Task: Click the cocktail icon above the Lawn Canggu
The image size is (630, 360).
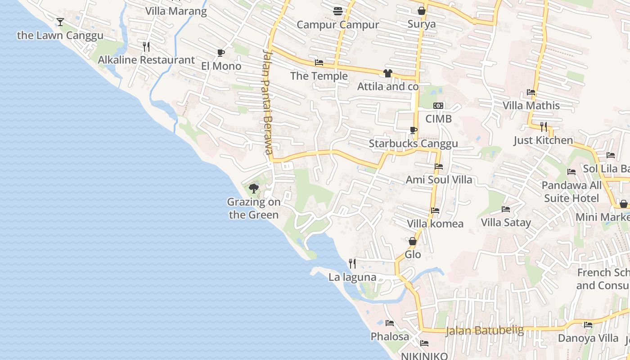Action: pos(60,22)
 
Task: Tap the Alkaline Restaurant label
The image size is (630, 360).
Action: pos(146,60)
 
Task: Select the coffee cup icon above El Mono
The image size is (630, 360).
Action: pos(220,53)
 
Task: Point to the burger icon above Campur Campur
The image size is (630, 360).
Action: pos(338,11)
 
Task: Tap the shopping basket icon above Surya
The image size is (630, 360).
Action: pos(422,11)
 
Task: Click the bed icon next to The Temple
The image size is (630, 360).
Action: pos(319,63)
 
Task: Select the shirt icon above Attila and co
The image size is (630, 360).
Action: pos(387,73)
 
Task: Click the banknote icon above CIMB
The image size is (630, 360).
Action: pos(438,106)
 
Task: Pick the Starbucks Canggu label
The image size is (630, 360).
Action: pos(413,144)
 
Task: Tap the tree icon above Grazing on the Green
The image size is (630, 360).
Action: pos(254,188)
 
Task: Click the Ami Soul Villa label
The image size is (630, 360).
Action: pos(439,180)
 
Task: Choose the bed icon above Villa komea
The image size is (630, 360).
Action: pos(435,210)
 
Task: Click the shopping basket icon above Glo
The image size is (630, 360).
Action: pos(413,242)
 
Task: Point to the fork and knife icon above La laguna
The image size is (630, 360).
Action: pos(352,264)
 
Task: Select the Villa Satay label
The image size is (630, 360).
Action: pos(506,222)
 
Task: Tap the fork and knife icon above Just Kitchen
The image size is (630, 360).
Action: pos(544,127)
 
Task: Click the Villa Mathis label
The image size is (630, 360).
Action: pos(531,106)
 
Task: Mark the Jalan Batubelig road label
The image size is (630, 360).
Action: pos(485,331)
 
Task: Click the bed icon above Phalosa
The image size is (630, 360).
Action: pos(390,323)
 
